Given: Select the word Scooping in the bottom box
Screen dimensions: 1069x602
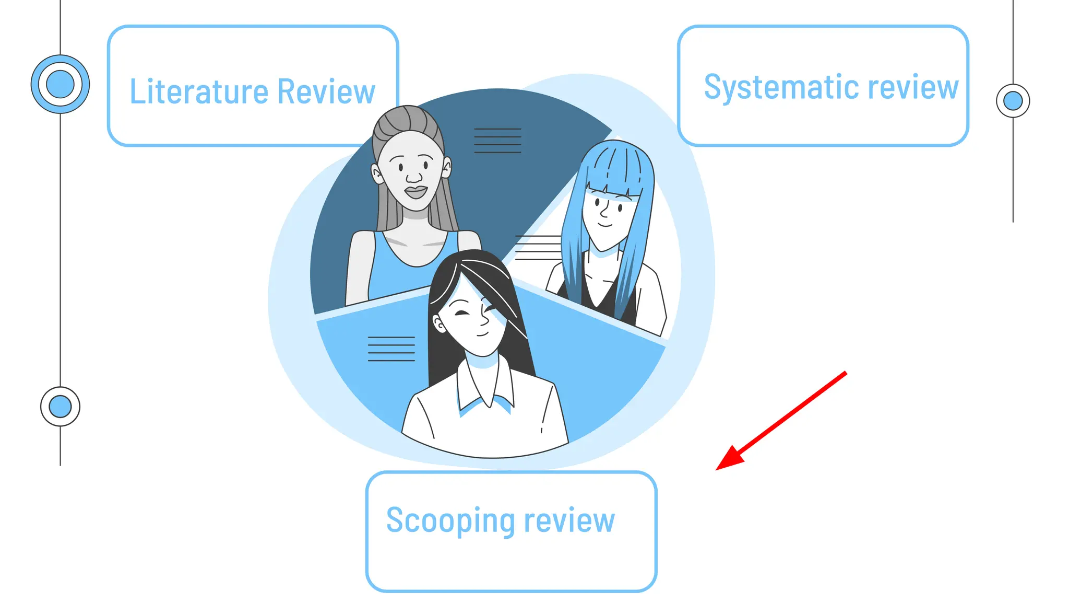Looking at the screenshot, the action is click(451, 520).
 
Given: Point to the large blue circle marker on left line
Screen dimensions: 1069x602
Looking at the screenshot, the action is click(60, 84).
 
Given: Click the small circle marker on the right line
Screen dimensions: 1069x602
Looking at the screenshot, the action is click(1013, 100).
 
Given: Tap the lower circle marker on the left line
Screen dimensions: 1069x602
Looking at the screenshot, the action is click(60, 406).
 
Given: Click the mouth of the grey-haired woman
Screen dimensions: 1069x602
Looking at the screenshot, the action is click(416, 192).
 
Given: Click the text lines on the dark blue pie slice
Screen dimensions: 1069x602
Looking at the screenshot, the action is click(497, 141).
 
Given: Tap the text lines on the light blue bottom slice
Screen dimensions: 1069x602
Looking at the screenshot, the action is click(391, 349).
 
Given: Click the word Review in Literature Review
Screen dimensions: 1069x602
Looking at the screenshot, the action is click(326, 91).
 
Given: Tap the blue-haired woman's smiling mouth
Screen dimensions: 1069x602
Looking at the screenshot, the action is click(605, 225).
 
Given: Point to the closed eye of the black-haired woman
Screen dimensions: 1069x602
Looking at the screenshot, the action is click(462, 313).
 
